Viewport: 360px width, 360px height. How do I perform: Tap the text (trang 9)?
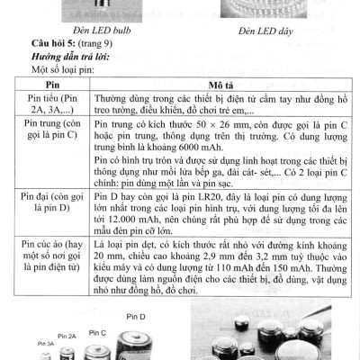(103, 43)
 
